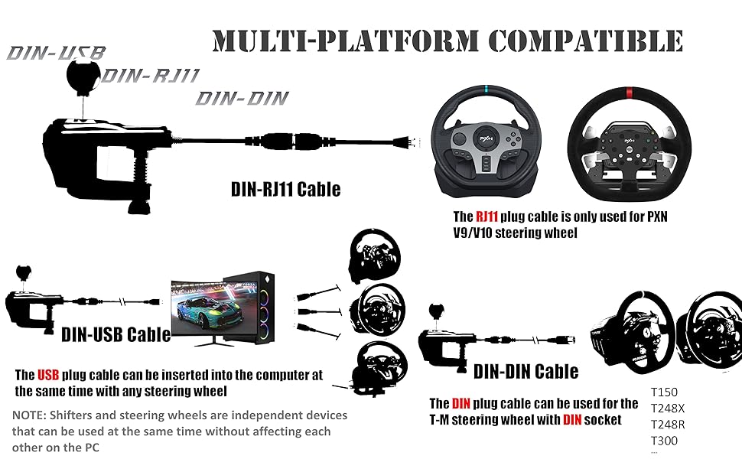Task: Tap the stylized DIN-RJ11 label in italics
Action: (151, 76)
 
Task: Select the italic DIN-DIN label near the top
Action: (242, 98)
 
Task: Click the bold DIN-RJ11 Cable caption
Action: (285, 188)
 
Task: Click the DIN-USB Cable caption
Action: (116, 334)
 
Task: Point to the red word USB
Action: (47, 376)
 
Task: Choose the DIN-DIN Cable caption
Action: (526, 372)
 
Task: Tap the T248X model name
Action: (669, 409)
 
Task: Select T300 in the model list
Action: (664, 441)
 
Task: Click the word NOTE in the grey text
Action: (29, 415)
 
